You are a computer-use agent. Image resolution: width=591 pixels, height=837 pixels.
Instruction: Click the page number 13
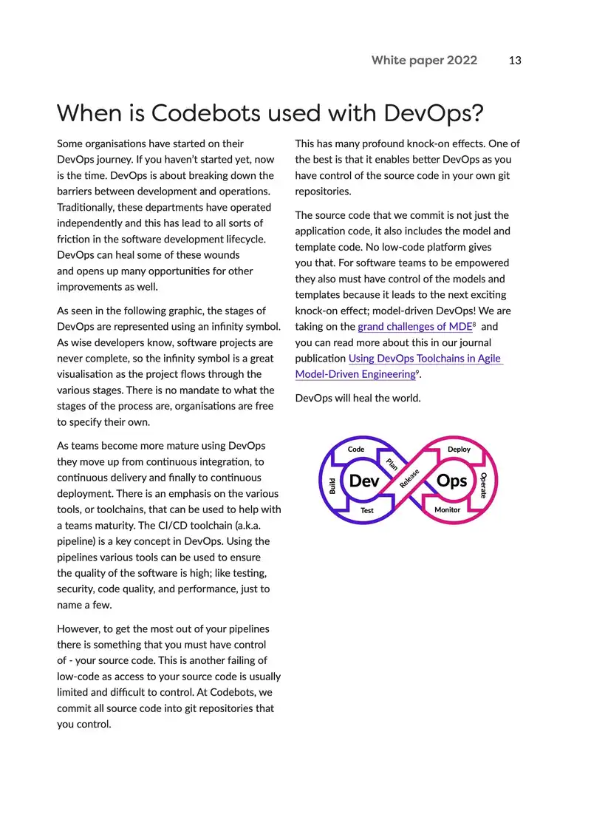tap(515, 61)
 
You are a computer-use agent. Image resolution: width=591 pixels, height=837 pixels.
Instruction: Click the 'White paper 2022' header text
tap(424, 61)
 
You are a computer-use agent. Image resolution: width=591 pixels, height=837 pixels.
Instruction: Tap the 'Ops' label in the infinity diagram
tap(451, 481)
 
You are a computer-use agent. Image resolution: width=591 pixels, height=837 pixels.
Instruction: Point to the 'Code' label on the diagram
tap(356, 450)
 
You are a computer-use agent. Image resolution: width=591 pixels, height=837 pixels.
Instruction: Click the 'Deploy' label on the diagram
tap(459, 450)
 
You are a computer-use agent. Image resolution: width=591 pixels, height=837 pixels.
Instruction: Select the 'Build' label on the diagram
tap(332, 485)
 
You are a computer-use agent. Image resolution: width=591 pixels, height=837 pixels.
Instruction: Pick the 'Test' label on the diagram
tap(367, 510)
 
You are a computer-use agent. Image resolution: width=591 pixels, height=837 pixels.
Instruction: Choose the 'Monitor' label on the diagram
tap(447, 510)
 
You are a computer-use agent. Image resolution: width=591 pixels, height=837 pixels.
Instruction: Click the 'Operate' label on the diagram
tap(483, 485)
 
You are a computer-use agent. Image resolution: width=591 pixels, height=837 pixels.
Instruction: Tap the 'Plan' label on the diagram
tap(392, 464)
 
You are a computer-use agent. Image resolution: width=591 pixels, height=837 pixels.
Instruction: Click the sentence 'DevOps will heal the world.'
tap(358, 399)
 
